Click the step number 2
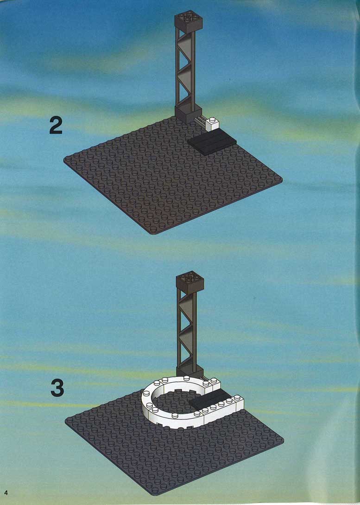tap(56, 126)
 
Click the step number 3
tap(57, 388)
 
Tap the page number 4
tap(6, 493)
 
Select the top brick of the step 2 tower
tap(188, 22)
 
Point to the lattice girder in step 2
tap(185, 69)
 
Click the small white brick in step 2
tap(213, 124)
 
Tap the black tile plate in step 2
tap(212, 142)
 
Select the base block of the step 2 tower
tap(186, 115)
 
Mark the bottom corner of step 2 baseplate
tap(155, 234)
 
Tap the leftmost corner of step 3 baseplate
tap(65, 420)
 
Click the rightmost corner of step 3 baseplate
tap(284, 439)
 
